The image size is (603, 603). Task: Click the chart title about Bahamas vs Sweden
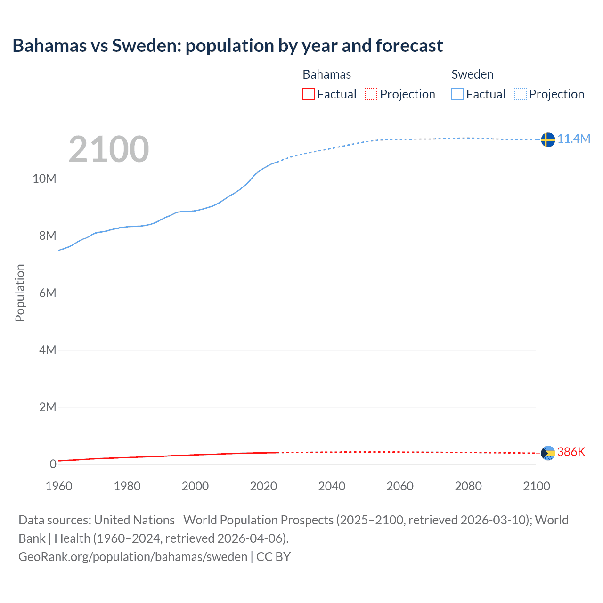(x=228, y=46)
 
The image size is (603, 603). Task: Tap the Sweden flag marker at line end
(x=548, y=139)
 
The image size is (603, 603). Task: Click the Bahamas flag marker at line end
(x=548, y=453)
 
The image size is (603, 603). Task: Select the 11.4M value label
(x=574, y=139)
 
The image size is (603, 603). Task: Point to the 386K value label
(x=571, y=452)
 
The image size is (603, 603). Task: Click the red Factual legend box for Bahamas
(x=309, y=94)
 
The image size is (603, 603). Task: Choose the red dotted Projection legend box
(x=371, y=94)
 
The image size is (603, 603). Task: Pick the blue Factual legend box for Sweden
(x=457, y=94)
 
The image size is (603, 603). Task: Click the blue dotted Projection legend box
(x=521, y=94)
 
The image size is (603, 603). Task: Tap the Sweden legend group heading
(x=473, y=74)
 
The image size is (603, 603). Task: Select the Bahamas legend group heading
(x=326, y=74)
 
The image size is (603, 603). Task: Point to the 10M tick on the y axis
(x=44, y=179)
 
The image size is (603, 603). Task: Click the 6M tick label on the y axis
(x=47, y=293)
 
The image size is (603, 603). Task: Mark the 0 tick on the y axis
(x=53, y=464)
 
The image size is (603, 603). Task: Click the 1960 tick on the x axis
(x=59, y=486)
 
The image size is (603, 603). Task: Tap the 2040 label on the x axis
(x=332, y=486)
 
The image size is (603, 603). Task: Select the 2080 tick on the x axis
(x=468, y=486)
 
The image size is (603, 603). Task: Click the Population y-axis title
(x=20, y=293)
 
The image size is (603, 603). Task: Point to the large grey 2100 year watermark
(x=109, y=149)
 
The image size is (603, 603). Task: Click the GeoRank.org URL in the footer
(x=133, y=557)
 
